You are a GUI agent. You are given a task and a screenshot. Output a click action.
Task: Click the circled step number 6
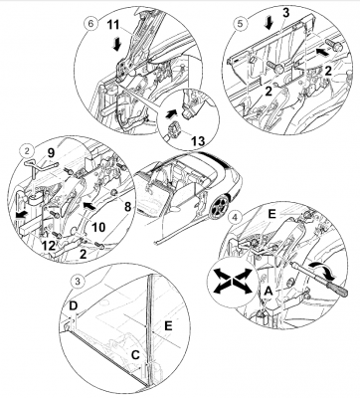tap(91, 24)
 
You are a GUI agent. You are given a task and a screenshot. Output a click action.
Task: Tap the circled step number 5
tap(240, 23)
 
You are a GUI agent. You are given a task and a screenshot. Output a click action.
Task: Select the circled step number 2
tap(27, 151)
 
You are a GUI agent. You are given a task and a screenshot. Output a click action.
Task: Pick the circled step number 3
tap(78, 282)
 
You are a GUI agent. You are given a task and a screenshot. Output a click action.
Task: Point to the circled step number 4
tap(235, 218)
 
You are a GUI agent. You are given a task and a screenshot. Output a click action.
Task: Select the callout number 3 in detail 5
tap(286, 13)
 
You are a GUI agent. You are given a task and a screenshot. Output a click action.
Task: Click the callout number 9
tap(51, 153)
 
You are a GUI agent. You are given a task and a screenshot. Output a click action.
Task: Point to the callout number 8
tap(126, 207)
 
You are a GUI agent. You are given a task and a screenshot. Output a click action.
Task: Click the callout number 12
tap(50, 246)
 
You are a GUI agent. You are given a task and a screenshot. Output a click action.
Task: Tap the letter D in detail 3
tap(74, 305)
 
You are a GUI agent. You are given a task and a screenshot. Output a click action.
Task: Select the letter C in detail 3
tap(135, 355)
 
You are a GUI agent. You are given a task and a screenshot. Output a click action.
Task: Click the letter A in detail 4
tap(268, 292)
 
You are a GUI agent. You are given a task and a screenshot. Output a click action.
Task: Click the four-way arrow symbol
tap(233, 281)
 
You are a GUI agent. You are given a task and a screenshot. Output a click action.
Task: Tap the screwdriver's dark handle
tap(336, 287)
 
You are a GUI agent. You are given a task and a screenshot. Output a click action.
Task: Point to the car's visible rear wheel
tap(220, 206)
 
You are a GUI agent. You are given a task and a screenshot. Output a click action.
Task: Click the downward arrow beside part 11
tap(116, 45)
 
